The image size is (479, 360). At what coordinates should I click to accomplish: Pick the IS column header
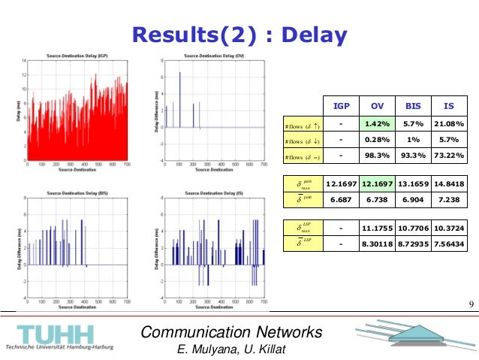449,106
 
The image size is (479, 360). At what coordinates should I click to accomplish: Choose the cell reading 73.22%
449,156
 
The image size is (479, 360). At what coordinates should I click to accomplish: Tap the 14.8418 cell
449,183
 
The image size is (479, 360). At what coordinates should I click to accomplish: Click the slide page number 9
470,304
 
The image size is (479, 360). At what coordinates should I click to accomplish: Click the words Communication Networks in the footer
232,332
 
